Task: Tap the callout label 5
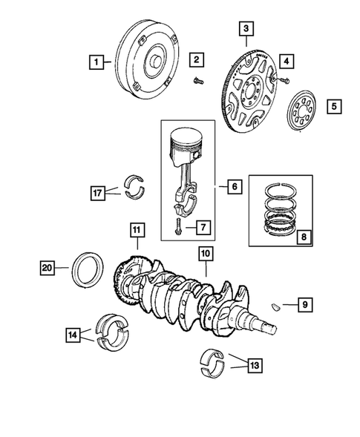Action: [x=335, y=106]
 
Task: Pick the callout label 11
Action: [x=136, y=230]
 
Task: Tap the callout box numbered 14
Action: [x=72, y=335]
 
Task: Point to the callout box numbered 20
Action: [x=47, y=266]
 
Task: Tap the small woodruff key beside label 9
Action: [x=275, y=303]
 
